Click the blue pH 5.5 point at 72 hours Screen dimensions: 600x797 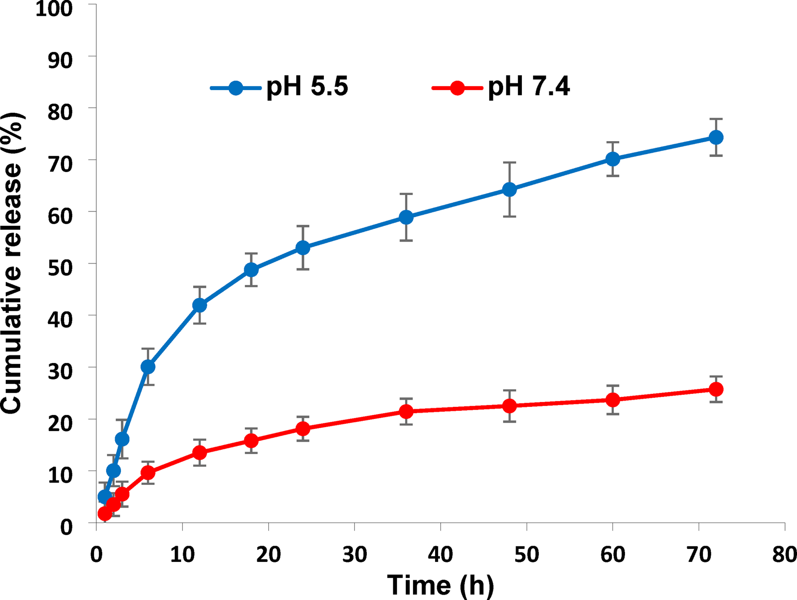click(716, 137)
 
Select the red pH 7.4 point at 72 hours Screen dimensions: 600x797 click(716, 389)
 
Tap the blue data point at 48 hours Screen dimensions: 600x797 click(509, 189)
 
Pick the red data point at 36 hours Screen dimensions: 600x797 click(406, 412)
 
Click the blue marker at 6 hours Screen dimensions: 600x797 click(148, 367)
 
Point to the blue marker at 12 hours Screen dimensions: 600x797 click(199, 305)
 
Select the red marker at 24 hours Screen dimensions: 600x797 click(303, 429)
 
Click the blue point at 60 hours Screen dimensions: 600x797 click(612, 159)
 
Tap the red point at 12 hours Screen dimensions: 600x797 click(199, 453)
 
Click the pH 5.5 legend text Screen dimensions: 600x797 click(307, 88)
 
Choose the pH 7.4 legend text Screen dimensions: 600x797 click(529, 88)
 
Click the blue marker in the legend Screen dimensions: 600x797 click(236, 88)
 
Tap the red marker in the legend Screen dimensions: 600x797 click(457, 88)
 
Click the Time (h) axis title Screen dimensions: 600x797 click(440, 585)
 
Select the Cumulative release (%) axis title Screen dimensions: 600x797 click(12, 262)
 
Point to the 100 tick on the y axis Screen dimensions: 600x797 click(54, 8)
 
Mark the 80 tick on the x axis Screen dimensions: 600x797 click(784, 555)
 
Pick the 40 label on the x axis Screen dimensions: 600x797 click(440, 555)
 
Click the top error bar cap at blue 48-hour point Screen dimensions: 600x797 click(509, 163)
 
